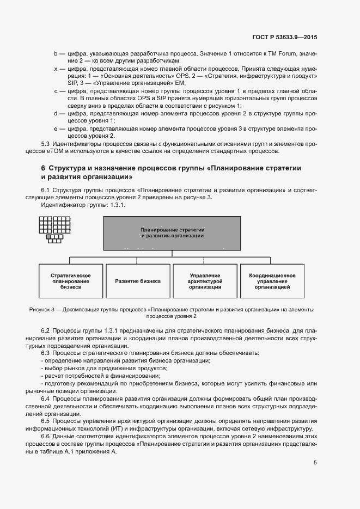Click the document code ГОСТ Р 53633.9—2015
[285, 37]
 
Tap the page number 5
[315, 463]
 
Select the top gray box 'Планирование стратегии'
[172, 233]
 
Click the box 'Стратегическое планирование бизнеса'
[70, 281]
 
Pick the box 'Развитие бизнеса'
[138, 281]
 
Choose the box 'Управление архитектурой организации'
[205, 281]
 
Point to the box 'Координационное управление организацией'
[272, 281]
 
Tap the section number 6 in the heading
[43, 168]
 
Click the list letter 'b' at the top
[56, 54]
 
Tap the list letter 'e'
[56, 128]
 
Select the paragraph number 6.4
[46, 398]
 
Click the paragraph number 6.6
[46, 437]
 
